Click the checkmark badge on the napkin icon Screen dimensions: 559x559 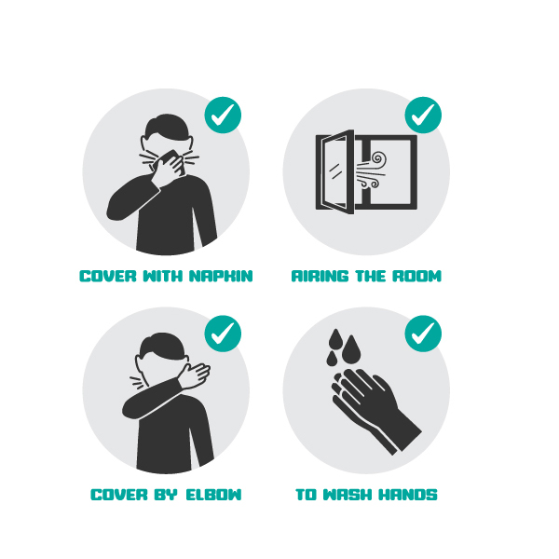(223, 116)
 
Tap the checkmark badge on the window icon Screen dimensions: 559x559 (423, 116)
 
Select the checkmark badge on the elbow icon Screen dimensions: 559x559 (223, 334)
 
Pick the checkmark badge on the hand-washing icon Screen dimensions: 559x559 (423, 334)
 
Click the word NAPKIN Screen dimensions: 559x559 (221, 276)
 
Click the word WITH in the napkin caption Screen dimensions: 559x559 (162, 276)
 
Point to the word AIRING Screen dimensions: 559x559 (320, 276)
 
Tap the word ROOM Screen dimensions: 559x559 (417, 276)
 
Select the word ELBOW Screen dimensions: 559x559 (213, 495)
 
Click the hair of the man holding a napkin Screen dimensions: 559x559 (167, 127)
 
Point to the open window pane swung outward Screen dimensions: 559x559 (335, 171)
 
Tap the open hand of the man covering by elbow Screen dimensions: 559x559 (195, 376)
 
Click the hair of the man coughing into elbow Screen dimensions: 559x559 (162, 345)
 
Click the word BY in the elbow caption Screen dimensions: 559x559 (166, 495)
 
